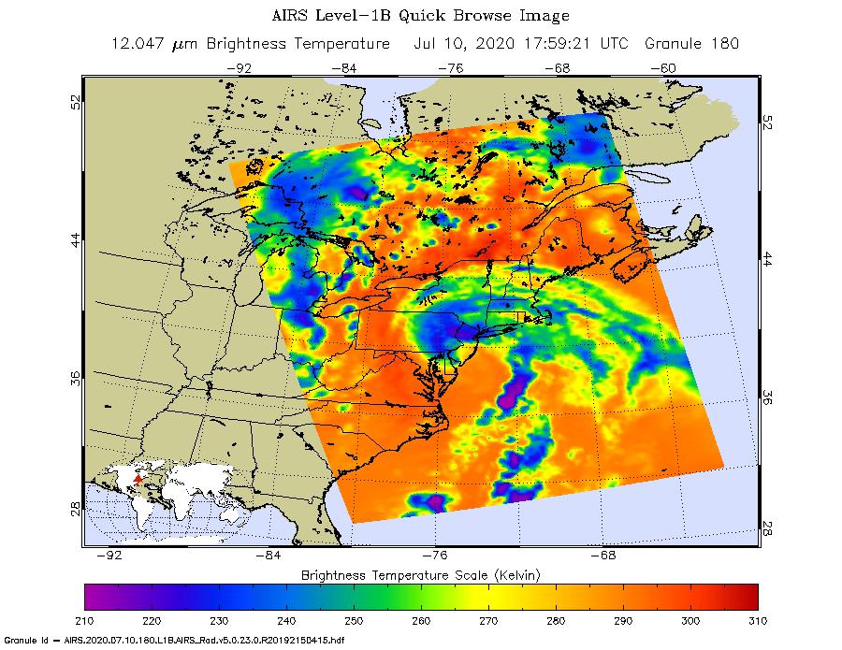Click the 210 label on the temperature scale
pos(84,619)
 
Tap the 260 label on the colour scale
pos(421,619)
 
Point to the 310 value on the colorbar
pos(758,619)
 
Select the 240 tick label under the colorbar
pos(286,619)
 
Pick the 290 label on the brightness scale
pos(623,619)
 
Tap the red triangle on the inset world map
pos(138,479)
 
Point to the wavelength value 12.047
pos(134,44)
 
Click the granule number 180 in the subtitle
pos(725,44)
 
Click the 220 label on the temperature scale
pos(152,619)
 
